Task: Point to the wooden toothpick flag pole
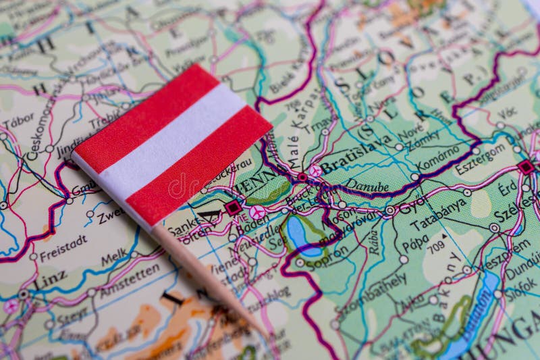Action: click(x=202, y=271)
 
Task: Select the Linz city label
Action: click(x=49, y=280)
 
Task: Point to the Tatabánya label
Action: click(x=439, y=214)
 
